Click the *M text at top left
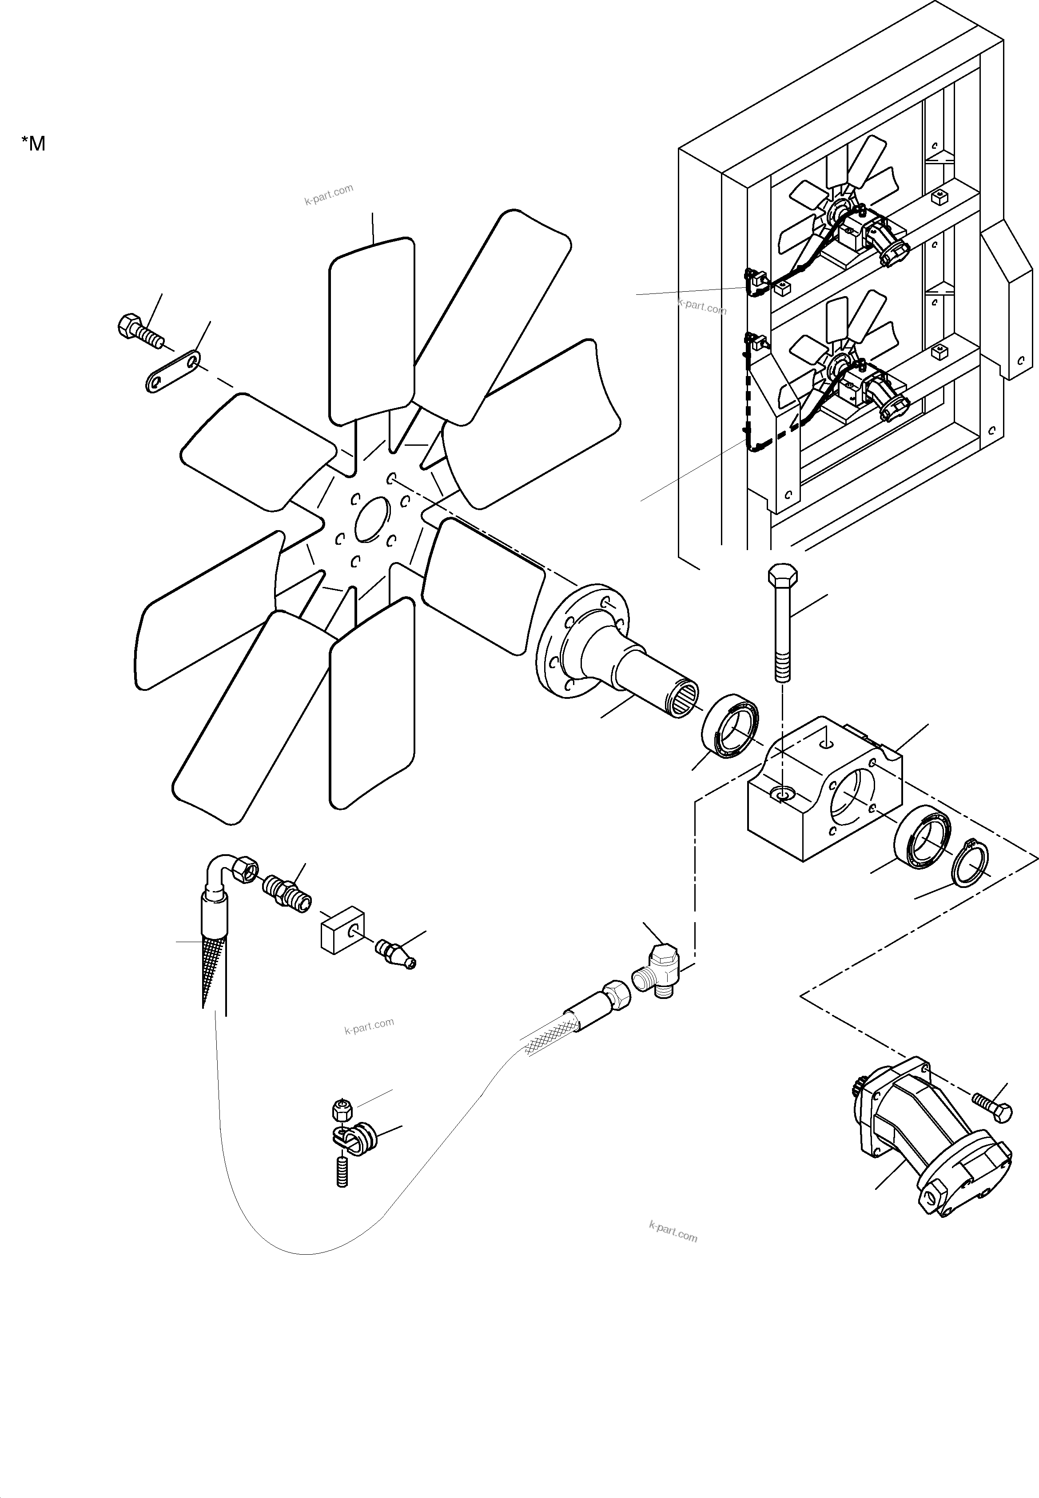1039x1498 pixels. [x=33, y=143]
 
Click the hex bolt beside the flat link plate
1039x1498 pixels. [x=139, y=331]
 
